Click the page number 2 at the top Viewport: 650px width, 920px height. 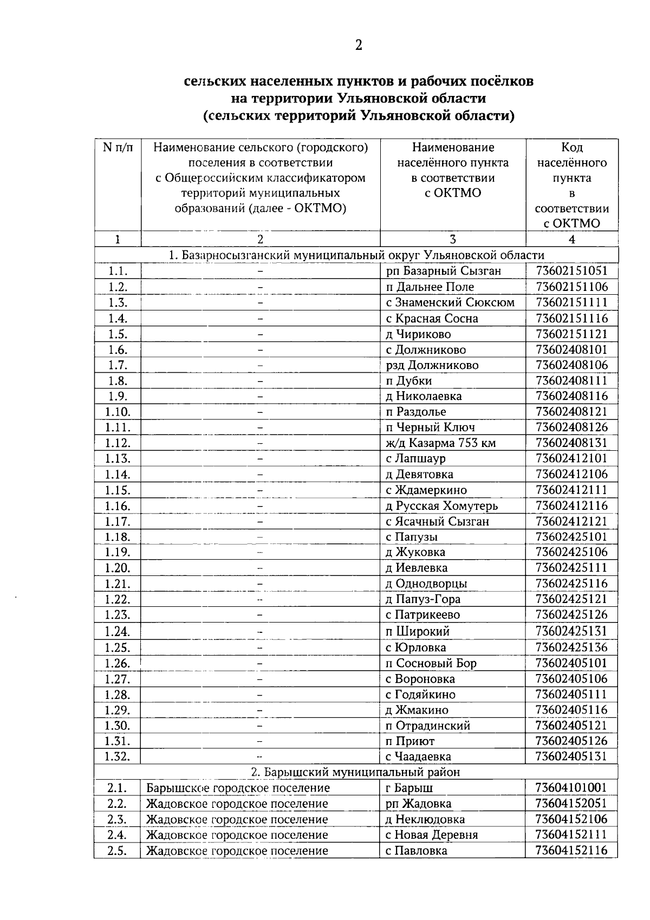[358, 46]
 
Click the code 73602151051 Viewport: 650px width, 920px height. [571, 271]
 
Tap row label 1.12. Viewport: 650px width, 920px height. [118, 443]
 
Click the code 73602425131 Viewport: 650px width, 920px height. [571, 631]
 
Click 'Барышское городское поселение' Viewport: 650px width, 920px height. [238, 788]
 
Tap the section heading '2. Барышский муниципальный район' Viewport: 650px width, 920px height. [356, 772]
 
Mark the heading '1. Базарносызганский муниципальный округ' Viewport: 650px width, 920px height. [356, 255]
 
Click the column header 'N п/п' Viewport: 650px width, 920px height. [118, 147]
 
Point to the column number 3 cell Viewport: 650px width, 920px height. [453, 239]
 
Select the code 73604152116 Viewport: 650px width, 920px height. [571, 851]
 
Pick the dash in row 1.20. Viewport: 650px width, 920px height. [260, 568]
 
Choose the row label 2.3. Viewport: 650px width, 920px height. [118, 819]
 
